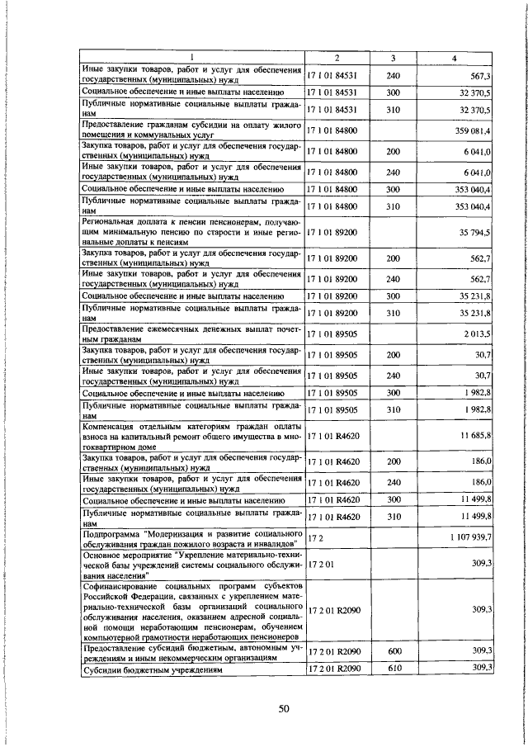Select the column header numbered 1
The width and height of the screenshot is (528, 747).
[191, 58]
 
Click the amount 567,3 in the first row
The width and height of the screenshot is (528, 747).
[479, 74]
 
